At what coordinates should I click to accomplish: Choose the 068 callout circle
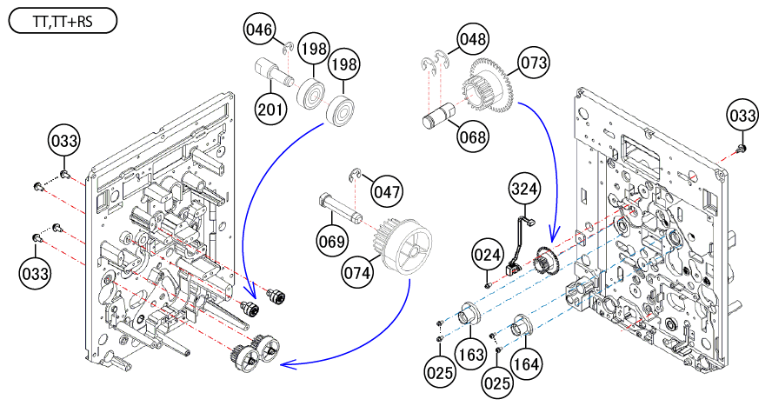475,136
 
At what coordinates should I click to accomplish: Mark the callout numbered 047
387,188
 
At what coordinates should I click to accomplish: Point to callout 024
488,255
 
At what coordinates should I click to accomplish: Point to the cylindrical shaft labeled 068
440,116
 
